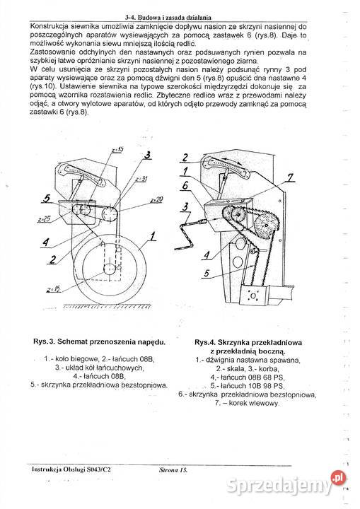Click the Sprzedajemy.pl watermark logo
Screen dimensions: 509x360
(x=308, y=481)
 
